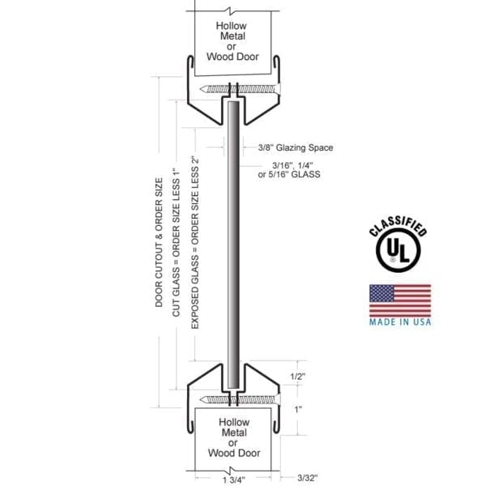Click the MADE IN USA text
[x=400, y=322]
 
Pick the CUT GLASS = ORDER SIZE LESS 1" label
[x=177, y=243]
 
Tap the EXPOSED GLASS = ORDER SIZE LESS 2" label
[x=194, y=243]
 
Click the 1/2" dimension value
[x=298, y=377]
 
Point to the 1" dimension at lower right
[x=298, y=410]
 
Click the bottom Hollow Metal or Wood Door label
[x=236, y=437]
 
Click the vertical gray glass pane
[x=233, y=243]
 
